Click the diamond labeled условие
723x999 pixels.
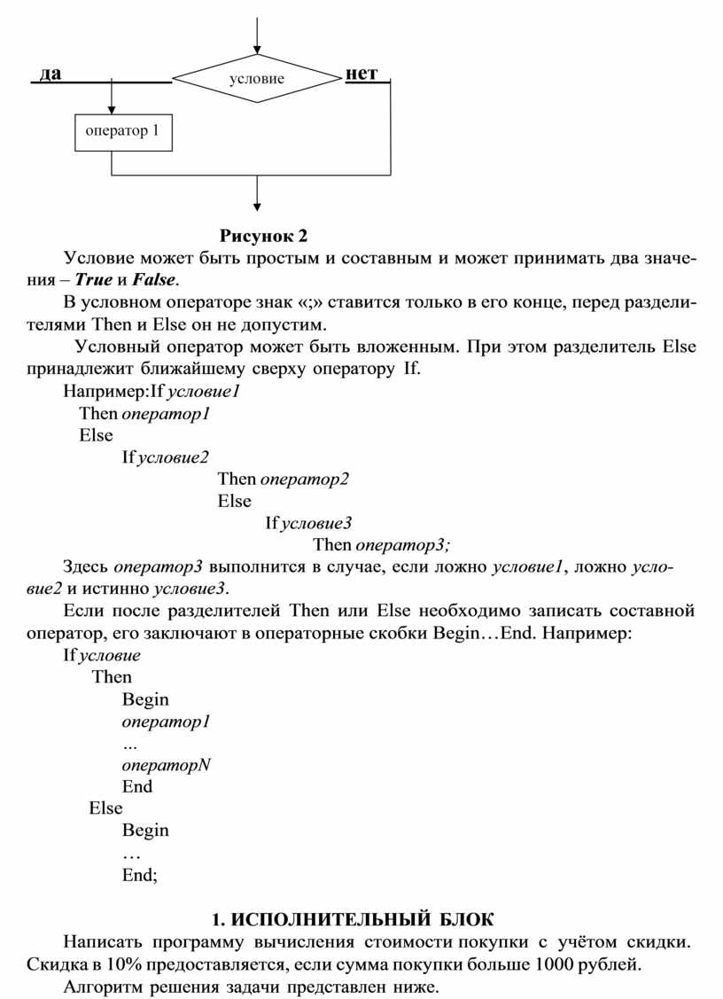pyautogui.click(x=256, y=79)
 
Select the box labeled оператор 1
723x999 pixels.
pyautogui.click(x=122, y=132)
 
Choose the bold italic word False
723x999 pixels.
pyautogui.click(x=155, y=280)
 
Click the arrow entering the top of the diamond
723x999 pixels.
pyautogui.click(x=257, y=35)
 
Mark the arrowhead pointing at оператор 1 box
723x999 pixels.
pyautogui.click(x=112, y=108)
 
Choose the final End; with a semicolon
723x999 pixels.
pyautogui.click(x=140, y=875)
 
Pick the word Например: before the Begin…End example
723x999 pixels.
pyautogui.click(x=587, y=634)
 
